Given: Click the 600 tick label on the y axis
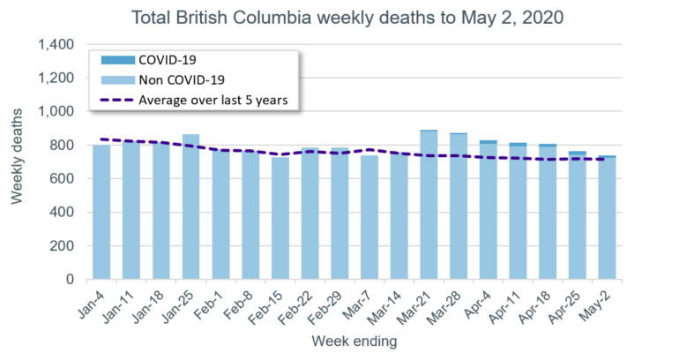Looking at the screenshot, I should pyautogui.click(x=67, y=179).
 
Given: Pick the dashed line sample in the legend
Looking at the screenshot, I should pyautogui.click(x=116, y=100).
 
